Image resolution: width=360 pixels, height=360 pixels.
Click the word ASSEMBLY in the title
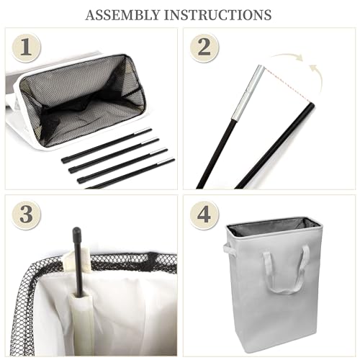click(122, 15)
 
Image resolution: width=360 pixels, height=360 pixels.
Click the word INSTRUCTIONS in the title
click(217, 15)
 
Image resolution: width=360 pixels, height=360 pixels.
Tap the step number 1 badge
click(26, 48)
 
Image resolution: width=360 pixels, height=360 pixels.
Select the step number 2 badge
click(204, 48)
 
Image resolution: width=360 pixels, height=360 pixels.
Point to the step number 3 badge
click(26, 215)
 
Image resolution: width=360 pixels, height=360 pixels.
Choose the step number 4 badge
click(204, 215)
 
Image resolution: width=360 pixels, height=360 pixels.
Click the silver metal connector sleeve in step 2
click(248, 92)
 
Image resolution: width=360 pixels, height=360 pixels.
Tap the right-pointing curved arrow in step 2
click(287, 57)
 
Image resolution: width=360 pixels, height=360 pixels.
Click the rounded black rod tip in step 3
click(77, 232)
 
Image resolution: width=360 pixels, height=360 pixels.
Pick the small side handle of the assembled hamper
click(229, 250)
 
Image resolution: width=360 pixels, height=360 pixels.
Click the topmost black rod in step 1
click(107, 145)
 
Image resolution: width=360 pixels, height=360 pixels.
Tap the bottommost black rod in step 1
click(131, 173)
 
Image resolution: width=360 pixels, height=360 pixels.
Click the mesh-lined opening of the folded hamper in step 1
click(83, 101)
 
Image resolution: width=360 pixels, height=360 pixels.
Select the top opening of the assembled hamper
click(275, 227)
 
